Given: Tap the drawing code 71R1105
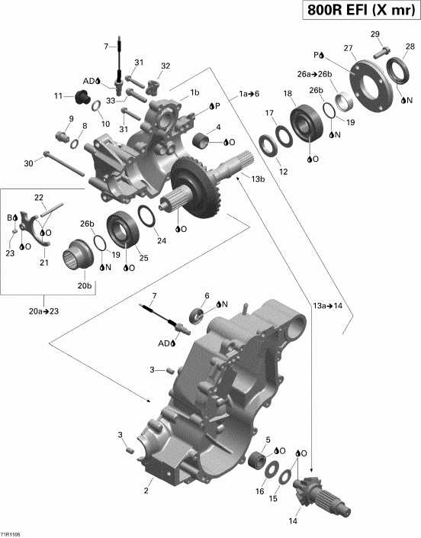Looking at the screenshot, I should point(11,533).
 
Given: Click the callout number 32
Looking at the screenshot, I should point(166,66).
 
